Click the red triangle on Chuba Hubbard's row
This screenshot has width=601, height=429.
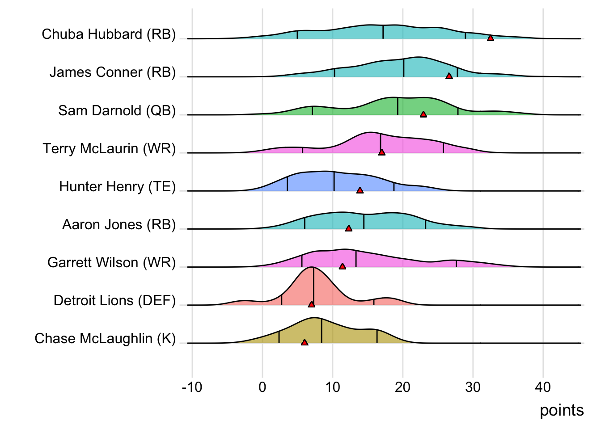[491, 38]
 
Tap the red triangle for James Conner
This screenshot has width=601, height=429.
[449, 76]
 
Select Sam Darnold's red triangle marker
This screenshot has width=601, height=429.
[423, 114]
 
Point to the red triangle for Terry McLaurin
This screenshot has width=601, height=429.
[381, 152]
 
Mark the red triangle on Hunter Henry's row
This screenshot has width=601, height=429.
[360, 190]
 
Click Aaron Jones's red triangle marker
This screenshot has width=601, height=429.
[349, 228]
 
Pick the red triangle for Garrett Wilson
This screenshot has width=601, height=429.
[343, 266]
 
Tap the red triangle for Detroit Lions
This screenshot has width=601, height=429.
[312, 304]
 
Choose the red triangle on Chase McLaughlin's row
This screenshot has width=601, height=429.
[305, 342]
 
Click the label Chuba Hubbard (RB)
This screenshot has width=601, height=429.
[109, 34]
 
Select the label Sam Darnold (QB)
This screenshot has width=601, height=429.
[117, 110]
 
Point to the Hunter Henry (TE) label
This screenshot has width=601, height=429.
[117, 186]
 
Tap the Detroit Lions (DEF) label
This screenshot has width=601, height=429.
[114, 300]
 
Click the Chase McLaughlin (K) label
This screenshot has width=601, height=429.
[105, 338]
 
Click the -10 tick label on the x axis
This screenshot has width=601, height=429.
[192, 387]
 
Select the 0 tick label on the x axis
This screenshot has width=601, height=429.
[262, 387]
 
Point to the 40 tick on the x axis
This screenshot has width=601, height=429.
[543, 387]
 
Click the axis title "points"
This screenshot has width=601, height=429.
[562, 410]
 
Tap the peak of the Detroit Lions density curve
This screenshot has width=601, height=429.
[313, 267]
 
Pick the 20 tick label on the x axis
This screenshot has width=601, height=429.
[402, 387]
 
